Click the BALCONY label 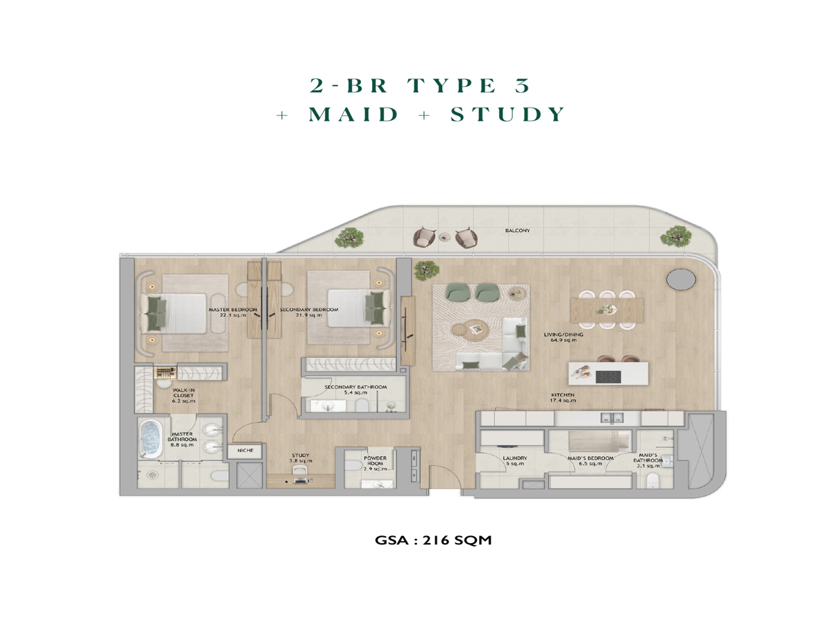[x=517, y=231]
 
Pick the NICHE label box [x=245, y=451]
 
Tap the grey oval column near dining [x=681, y=279]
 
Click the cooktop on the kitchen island [x=608, y=377]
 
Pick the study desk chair [x=299, y=471]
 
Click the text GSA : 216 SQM [x=433, y=540]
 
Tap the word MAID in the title [x=353, y=114]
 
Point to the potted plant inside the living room [x=426, y=271]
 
